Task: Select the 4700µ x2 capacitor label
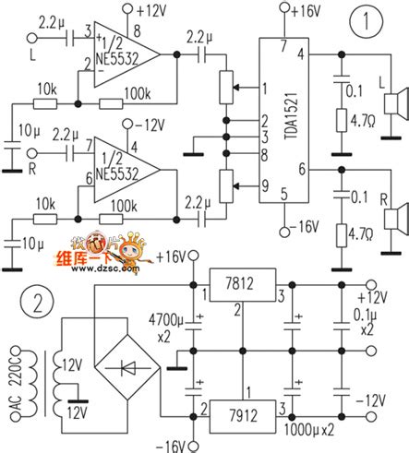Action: point(177,330)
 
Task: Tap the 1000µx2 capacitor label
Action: point(309,430)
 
